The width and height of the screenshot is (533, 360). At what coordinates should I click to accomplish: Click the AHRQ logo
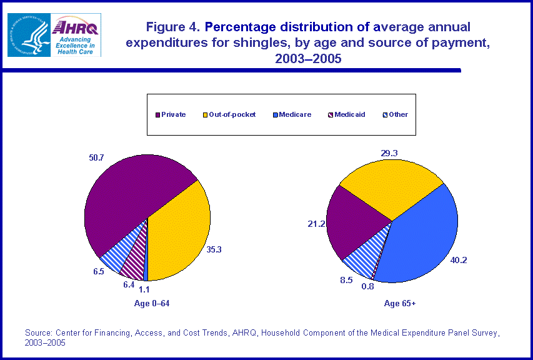75,35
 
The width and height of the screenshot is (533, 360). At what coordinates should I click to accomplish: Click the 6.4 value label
129,284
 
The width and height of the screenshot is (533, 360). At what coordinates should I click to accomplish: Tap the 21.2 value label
316,222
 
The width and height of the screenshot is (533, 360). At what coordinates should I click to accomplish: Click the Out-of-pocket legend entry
229,114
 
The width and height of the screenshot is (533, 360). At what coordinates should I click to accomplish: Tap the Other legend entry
395,114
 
